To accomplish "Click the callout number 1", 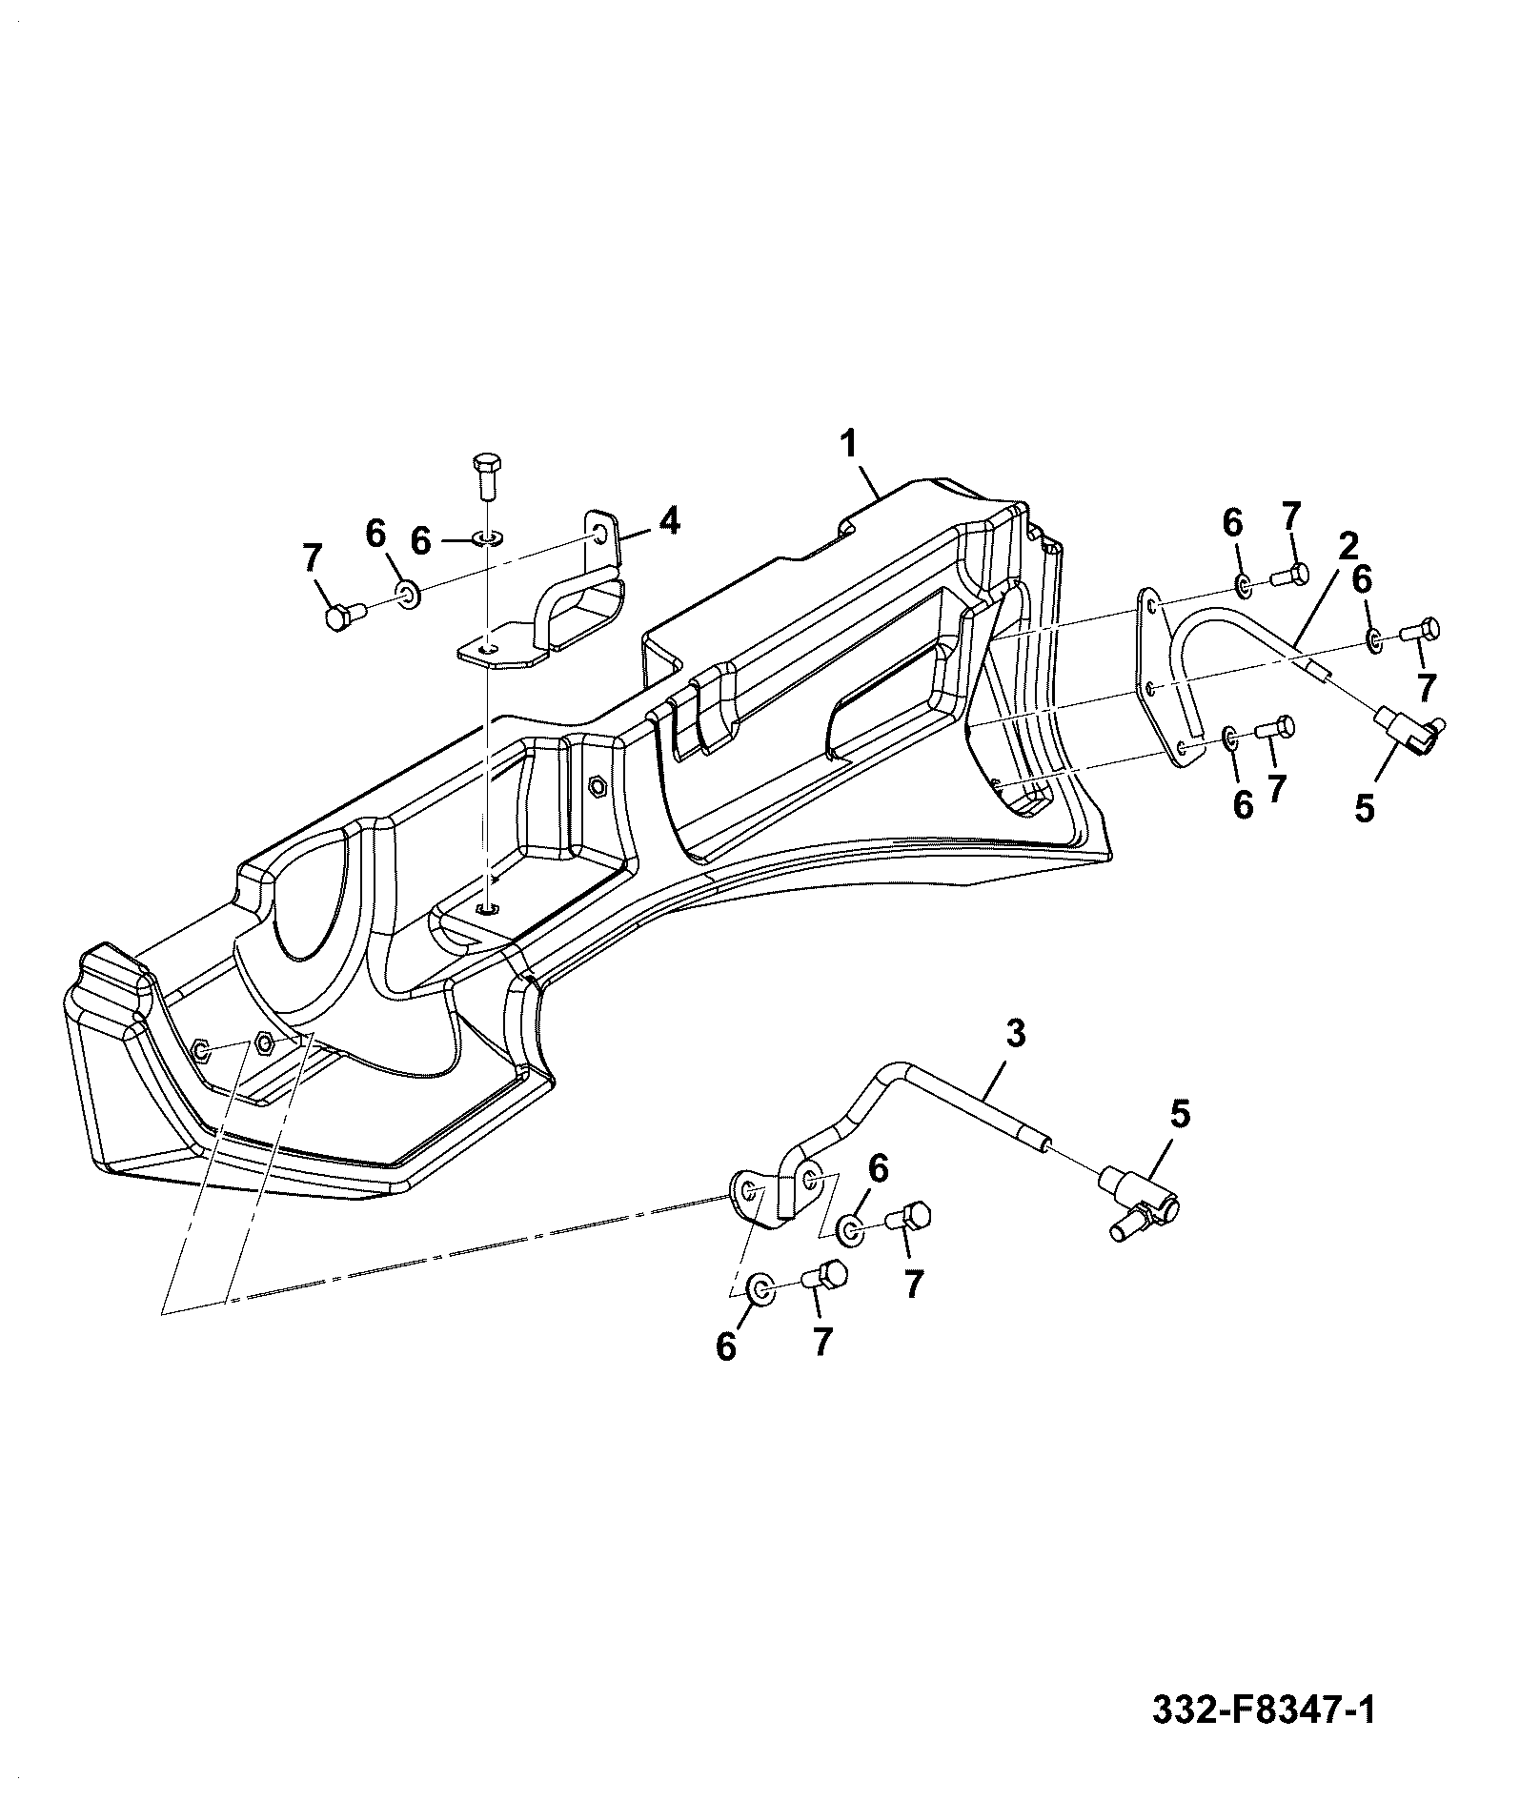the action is (x=848, y=444).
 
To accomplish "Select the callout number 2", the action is (x=1348, y=546).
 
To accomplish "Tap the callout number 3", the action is (x=1016, y=1033).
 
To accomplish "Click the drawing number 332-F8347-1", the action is (x=1264, y=1735).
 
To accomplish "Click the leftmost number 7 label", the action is (x=312, y=558).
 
